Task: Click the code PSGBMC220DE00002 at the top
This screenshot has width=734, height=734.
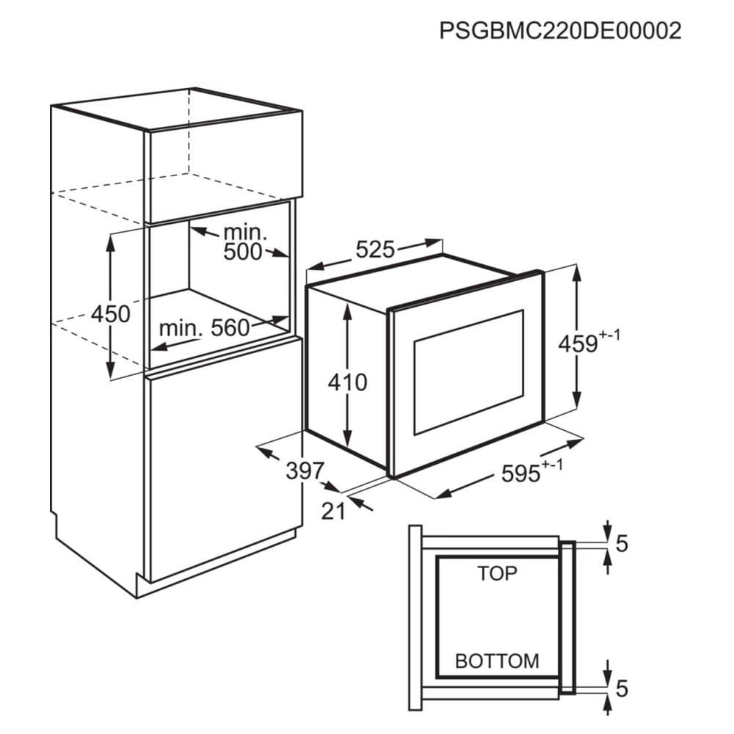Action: click(x=560, y=31)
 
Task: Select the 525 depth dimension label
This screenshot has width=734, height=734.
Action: click(x=375, y=250)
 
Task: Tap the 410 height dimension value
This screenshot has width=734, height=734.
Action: click(x=347, y=382)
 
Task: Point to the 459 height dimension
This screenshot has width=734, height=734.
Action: click(x=578, y=344)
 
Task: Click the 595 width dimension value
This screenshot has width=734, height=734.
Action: click(x=521, y=474)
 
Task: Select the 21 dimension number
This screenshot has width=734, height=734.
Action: click(x=333, y=511)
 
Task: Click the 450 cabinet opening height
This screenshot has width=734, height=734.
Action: click(x=110, y=313)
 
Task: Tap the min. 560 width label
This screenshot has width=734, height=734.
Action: click(x=204, y=328)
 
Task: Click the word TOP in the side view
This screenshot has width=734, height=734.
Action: click(x=497, y=573)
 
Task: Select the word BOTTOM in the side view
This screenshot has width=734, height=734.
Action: click(x=497, y=661)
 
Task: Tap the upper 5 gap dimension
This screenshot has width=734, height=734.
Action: click(x=622, y=544)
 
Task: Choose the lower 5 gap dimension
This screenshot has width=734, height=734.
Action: click(x=622, y=688)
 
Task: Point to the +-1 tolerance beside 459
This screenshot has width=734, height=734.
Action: click(x=610, y=335)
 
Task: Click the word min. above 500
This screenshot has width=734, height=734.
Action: click(x=246, y=233)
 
